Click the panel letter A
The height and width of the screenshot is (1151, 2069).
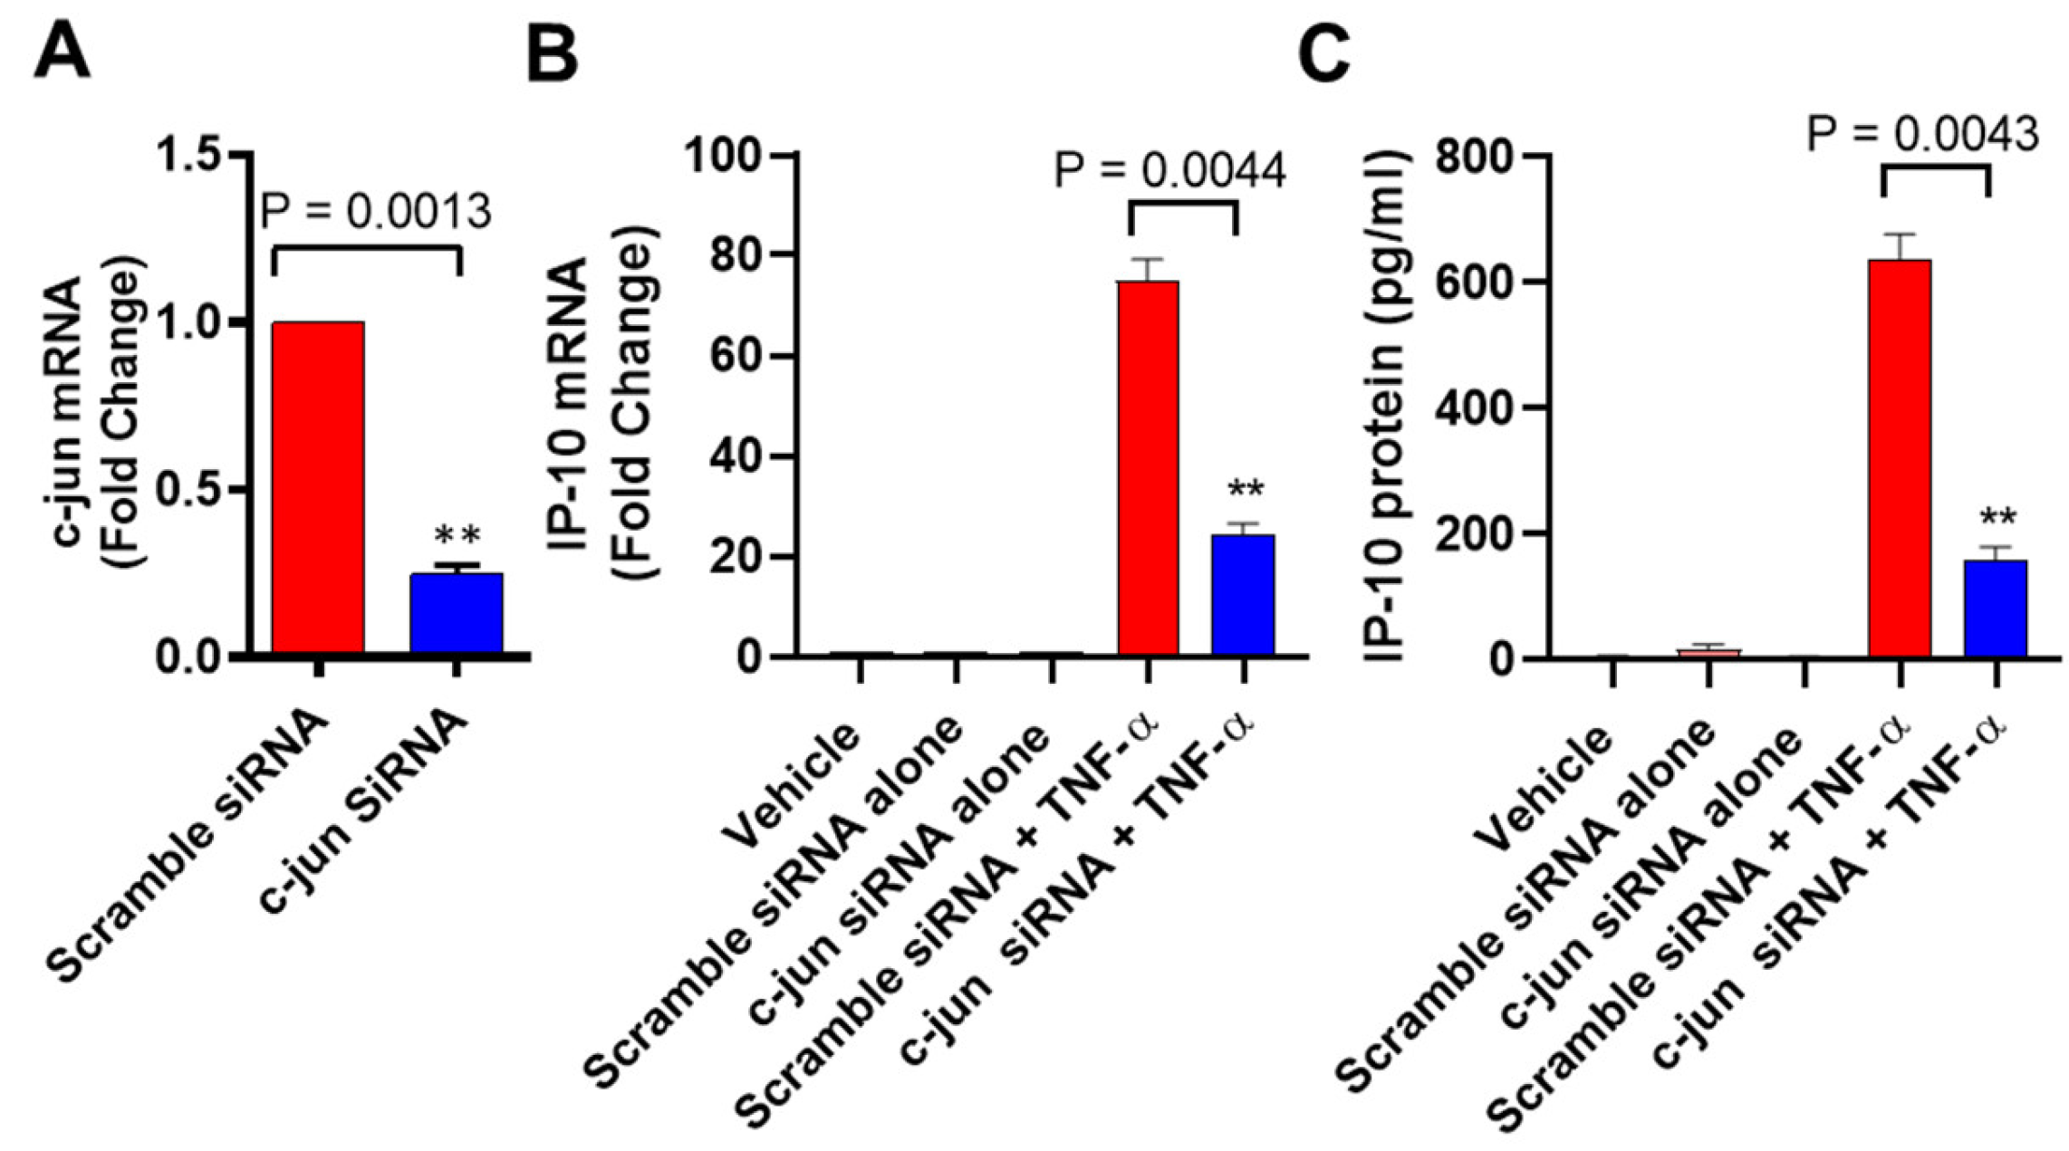[62, 52]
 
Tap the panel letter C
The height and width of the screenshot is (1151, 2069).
[1323, 52]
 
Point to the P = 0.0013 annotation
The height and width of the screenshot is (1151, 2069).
[376, 212]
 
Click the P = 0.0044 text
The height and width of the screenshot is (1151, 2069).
[1169, 170]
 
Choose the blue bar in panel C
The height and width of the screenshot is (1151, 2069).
[1996, 609]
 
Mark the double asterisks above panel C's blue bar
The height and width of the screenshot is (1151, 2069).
[1997, 519]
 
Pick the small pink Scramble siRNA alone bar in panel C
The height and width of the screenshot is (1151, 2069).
[1708, 652]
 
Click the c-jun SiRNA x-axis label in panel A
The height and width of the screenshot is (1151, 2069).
[364, 810]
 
